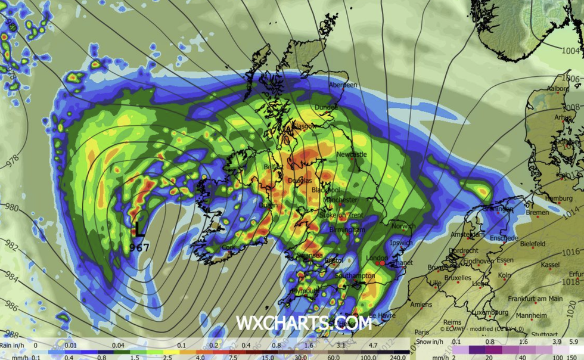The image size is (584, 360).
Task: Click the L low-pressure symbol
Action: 139,228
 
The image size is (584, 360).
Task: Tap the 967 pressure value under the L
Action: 139,246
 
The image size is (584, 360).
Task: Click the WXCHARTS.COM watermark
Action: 304,323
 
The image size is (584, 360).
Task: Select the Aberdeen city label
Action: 343,85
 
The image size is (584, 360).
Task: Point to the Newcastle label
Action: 352,154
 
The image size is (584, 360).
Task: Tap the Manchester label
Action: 341,200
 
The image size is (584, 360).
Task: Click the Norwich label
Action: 403,226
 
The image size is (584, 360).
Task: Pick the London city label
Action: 377,258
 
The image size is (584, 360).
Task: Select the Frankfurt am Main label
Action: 535,299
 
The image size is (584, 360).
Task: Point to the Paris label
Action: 423,333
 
